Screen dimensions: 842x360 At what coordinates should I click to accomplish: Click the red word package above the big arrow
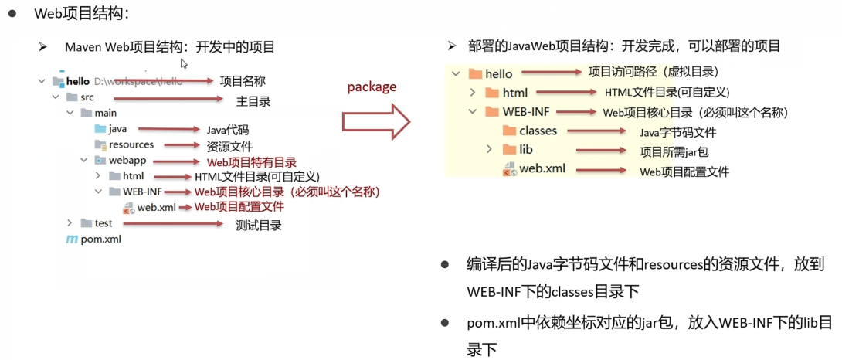tap(372, 87)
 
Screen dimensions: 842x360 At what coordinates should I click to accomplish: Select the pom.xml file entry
tap(93, 239)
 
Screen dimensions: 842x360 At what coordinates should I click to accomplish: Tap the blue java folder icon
tap(100, 129)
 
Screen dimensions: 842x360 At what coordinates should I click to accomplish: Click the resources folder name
tap(131, 144)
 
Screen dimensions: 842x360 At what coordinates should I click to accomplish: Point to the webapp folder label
tap(127, 160)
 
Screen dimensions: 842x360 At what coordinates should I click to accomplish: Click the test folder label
tap(103, 223)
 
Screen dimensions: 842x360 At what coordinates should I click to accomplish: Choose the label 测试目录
tap(259, 226)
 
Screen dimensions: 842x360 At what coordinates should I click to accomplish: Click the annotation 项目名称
tap(243, 81)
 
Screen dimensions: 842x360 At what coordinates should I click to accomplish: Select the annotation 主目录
tap(253, 100)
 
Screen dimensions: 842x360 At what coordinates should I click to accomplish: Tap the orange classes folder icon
tap(510, 131)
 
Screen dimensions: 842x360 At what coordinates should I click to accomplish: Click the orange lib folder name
tap(526, 149)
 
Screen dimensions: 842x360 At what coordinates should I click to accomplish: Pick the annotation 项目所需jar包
tap(674, 152)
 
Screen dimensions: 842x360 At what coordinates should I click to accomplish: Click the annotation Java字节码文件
tap(677, 133)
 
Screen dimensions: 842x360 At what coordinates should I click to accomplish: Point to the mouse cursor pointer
tap(184, 64)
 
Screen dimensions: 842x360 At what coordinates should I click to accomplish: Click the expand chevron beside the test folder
tap(70, 223)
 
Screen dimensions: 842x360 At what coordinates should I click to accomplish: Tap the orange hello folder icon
tap(475, 73)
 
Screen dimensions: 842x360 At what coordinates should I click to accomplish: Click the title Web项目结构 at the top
tap(81, 15)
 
